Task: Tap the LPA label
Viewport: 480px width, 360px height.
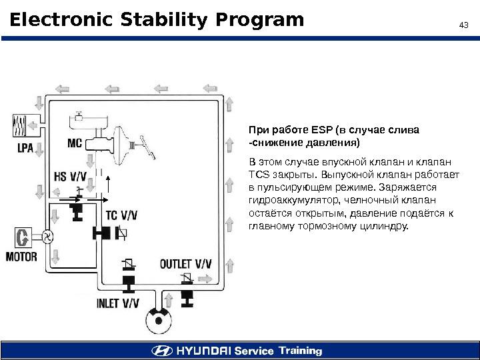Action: pos(24,148)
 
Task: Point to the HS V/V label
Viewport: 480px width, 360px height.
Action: pos(69,176)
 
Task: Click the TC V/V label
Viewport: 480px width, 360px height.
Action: pos(123,215)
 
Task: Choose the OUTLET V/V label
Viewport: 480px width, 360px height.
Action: pos(185,263)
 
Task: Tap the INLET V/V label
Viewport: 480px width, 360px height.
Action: pos(118,303)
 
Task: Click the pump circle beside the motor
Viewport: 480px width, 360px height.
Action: pos(48,237)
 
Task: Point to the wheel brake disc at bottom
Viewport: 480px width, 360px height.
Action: pos(159,321)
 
